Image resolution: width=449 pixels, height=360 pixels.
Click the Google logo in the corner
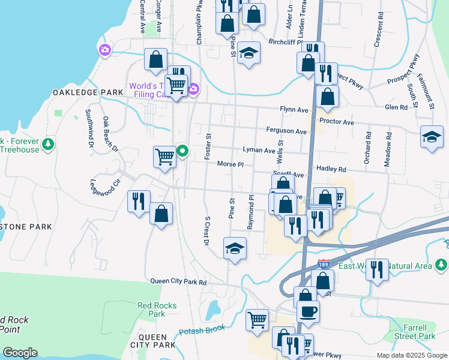coord(20,353)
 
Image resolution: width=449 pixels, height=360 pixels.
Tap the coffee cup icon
coord(309,311)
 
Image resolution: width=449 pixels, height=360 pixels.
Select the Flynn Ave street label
coord(294,110)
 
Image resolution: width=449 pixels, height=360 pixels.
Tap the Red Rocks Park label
coord(157,310)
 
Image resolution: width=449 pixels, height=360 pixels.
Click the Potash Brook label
coord(202,329)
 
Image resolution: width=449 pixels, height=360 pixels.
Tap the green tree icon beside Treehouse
coord(48,144)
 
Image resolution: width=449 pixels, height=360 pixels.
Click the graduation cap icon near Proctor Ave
coord(432,136)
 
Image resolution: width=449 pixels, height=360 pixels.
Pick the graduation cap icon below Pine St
coord(235,248)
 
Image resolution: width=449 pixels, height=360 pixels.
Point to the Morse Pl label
coord(230,164)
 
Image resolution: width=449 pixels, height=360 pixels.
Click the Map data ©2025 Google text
coord(411,355)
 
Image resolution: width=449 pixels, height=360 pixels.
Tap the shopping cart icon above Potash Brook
coord(258,320)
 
